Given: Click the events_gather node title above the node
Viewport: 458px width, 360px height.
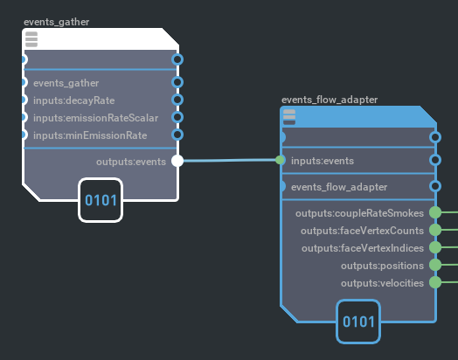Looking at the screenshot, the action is (56, 22).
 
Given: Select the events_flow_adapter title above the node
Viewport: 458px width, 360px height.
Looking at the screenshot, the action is (330, 100).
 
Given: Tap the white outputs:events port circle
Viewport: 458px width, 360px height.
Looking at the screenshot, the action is (177, 161).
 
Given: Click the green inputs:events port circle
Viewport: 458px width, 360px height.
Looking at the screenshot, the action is (280, 160).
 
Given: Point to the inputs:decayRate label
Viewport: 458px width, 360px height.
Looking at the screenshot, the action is (74, 100).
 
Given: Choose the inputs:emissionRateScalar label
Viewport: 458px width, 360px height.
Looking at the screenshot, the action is (96, 118).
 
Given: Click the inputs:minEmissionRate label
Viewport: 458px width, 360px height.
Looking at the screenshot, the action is (90, 135).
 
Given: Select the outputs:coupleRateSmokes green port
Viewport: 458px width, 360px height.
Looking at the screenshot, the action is (435, 212).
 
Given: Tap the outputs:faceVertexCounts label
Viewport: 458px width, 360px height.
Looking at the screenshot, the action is (362, 231).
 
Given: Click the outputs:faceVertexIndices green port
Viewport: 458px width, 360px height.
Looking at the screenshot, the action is (435, 247).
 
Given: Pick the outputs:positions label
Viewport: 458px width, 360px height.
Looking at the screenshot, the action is (382, 266).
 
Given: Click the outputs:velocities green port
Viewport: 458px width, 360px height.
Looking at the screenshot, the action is (435, 282).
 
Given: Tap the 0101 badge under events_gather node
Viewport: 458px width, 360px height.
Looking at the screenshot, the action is (101, 200).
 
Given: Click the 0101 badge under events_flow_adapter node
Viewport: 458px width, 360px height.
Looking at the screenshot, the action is (358, 322).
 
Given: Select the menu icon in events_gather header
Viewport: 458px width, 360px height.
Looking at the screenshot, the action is (31, 39).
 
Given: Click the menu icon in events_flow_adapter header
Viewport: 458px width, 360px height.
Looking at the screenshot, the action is (289, 117).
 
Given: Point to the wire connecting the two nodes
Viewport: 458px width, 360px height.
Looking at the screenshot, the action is (230, 160).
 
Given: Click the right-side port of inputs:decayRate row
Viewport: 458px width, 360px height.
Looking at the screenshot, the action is (177, 100).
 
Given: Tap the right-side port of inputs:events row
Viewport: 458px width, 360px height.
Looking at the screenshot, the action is (435, 160).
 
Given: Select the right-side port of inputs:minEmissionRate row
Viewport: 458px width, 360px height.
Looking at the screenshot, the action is (177, 135).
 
